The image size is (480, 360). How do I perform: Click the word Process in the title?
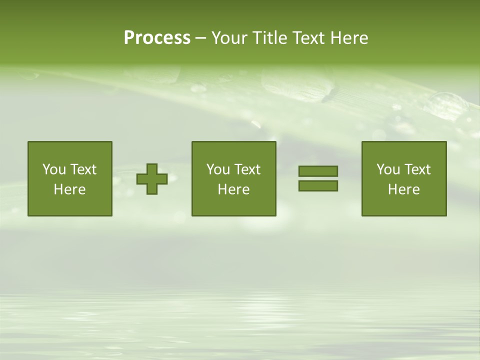(157, 38)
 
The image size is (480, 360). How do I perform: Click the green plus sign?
(152, 178)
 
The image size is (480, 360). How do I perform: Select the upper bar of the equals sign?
(318, 171)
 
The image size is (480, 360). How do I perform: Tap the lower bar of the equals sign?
(318, 185)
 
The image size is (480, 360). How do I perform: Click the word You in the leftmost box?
(54, 169)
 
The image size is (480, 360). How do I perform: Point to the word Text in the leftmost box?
(83, 169)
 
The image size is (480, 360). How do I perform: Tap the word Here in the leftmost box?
(70, 189)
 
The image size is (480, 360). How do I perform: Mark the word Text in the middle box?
(247, 169)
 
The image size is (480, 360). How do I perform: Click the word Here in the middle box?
(234, 189)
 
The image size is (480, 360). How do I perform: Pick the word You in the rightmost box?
(388, 169)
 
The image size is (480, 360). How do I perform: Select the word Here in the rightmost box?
(404, 189)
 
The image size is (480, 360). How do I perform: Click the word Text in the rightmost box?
(417, 169)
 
